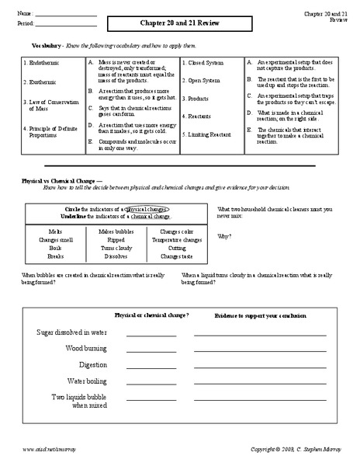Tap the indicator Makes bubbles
pos(116,231)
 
